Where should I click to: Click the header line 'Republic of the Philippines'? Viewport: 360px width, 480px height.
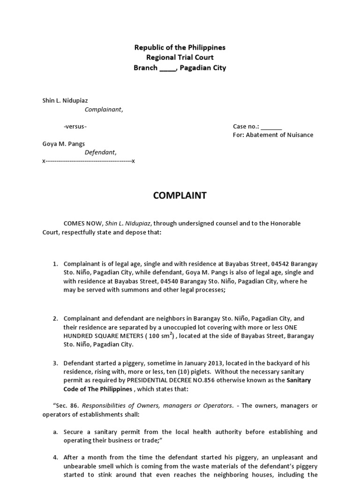tap(180, 47)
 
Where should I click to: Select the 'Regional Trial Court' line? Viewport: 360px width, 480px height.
tap(180, 57)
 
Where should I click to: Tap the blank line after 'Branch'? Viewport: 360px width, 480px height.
tap(167, 68)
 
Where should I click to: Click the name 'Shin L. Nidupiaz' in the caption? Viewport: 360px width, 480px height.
tap(65, 101)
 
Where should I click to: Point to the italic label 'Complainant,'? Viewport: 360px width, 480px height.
tap(104, 110)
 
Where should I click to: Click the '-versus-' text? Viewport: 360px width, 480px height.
tap(75, 127)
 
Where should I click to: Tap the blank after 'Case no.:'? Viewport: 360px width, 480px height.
tap(271, 127)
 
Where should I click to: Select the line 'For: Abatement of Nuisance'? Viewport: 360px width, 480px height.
tap(273, 135)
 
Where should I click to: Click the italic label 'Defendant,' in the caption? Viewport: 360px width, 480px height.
tap(100, 152)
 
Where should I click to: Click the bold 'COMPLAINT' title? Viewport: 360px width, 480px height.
tap(180, 196)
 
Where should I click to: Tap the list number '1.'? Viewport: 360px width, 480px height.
tap(55, 264)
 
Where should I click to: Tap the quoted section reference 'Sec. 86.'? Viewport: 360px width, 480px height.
tap(58, 405)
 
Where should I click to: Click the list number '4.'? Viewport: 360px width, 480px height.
tap(55, 457)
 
